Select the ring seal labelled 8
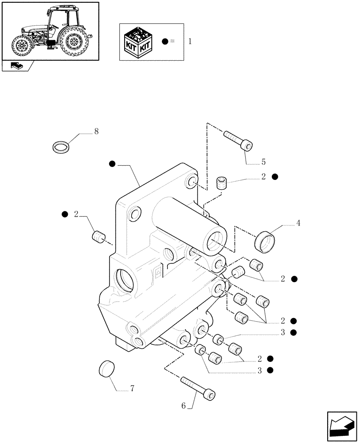61,146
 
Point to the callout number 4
298,224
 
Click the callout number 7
132,389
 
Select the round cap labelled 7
106,369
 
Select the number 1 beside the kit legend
190,42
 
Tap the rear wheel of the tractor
74,42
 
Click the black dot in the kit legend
165,42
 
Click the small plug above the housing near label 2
222,183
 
